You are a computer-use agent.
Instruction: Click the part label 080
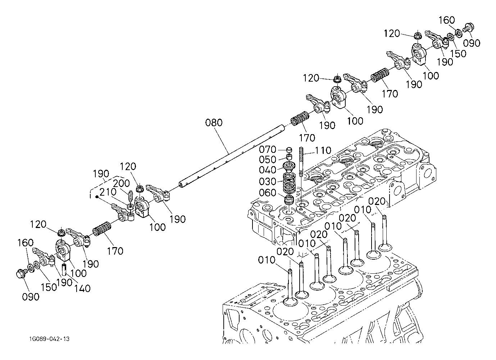[x=214, y=123]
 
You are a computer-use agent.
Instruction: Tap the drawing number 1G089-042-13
[x=50, y=339]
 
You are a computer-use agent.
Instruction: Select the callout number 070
[x=268, y=149]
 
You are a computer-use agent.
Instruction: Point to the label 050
[x=268, y=159]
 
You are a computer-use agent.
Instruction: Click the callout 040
[x=268, y=170]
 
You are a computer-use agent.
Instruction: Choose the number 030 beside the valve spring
[x=268, y=181]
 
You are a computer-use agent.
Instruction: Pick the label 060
[x=268, y=193]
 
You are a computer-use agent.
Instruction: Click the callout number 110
[x=324, y=150]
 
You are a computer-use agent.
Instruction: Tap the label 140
[x=82, y=288]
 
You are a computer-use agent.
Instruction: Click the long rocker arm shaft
[x=230, y=155]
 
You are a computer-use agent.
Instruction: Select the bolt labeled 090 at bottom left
[x=21, y=274]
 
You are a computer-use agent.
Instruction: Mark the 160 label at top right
[x=447, y=20]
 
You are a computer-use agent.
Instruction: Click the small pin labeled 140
[x=65, y=268]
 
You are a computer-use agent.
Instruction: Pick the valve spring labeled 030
[x=288, y=183]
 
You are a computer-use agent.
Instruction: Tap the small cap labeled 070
[x=288, y=149]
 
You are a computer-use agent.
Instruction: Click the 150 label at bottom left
[x=49, y=287]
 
